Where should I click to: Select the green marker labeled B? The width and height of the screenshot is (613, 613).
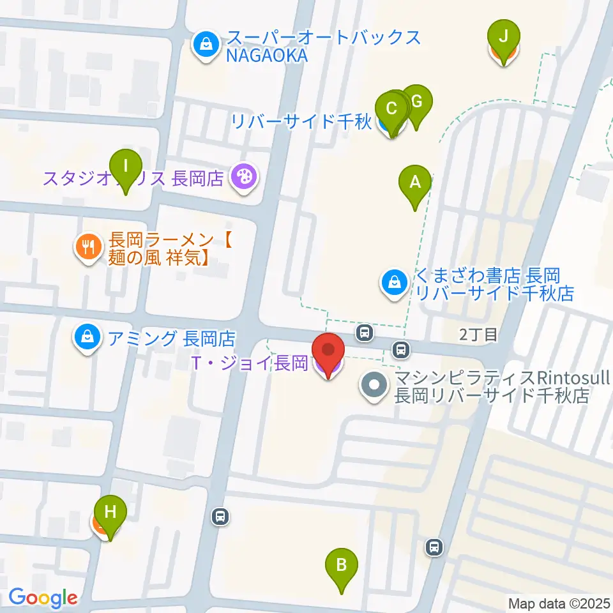342,565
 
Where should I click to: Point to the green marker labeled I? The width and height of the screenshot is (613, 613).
126,167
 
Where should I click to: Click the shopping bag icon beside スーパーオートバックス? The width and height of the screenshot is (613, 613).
206,45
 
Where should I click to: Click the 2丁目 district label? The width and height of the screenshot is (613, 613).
478,334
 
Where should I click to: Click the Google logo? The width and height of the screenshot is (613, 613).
42,598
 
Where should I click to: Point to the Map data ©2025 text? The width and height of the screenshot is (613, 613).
558,603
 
